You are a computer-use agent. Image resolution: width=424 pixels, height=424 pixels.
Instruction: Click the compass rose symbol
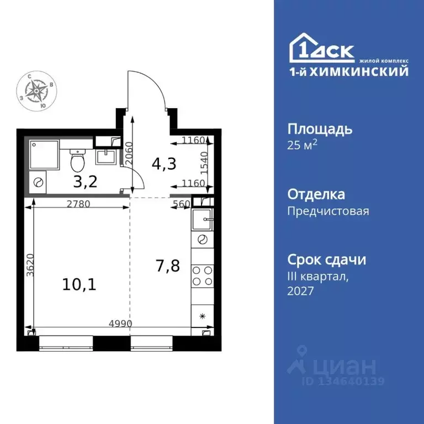click(38, 89)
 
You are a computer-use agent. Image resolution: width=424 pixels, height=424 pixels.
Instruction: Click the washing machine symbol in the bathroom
click(39, 182)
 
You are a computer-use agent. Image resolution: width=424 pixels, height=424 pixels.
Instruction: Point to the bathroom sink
click(107, 157)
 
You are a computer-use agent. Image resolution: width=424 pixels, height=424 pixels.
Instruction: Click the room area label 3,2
click(86, 181)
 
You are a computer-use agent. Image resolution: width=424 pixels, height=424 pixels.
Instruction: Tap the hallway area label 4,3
click(161, 164)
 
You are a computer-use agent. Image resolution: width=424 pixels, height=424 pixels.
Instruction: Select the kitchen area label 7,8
click(167, 266)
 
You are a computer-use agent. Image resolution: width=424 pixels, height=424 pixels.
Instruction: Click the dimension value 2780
click(79, 204)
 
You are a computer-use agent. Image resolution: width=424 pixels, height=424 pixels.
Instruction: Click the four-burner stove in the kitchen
click(202, 275)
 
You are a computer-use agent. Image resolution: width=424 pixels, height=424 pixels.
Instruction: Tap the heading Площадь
click(320, 129)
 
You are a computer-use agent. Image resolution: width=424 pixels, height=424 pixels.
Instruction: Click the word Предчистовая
click(328, 210)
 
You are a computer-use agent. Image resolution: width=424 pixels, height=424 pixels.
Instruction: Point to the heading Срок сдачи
click(327, 259)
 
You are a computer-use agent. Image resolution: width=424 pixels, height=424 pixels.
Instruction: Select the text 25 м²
click(303, 145)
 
